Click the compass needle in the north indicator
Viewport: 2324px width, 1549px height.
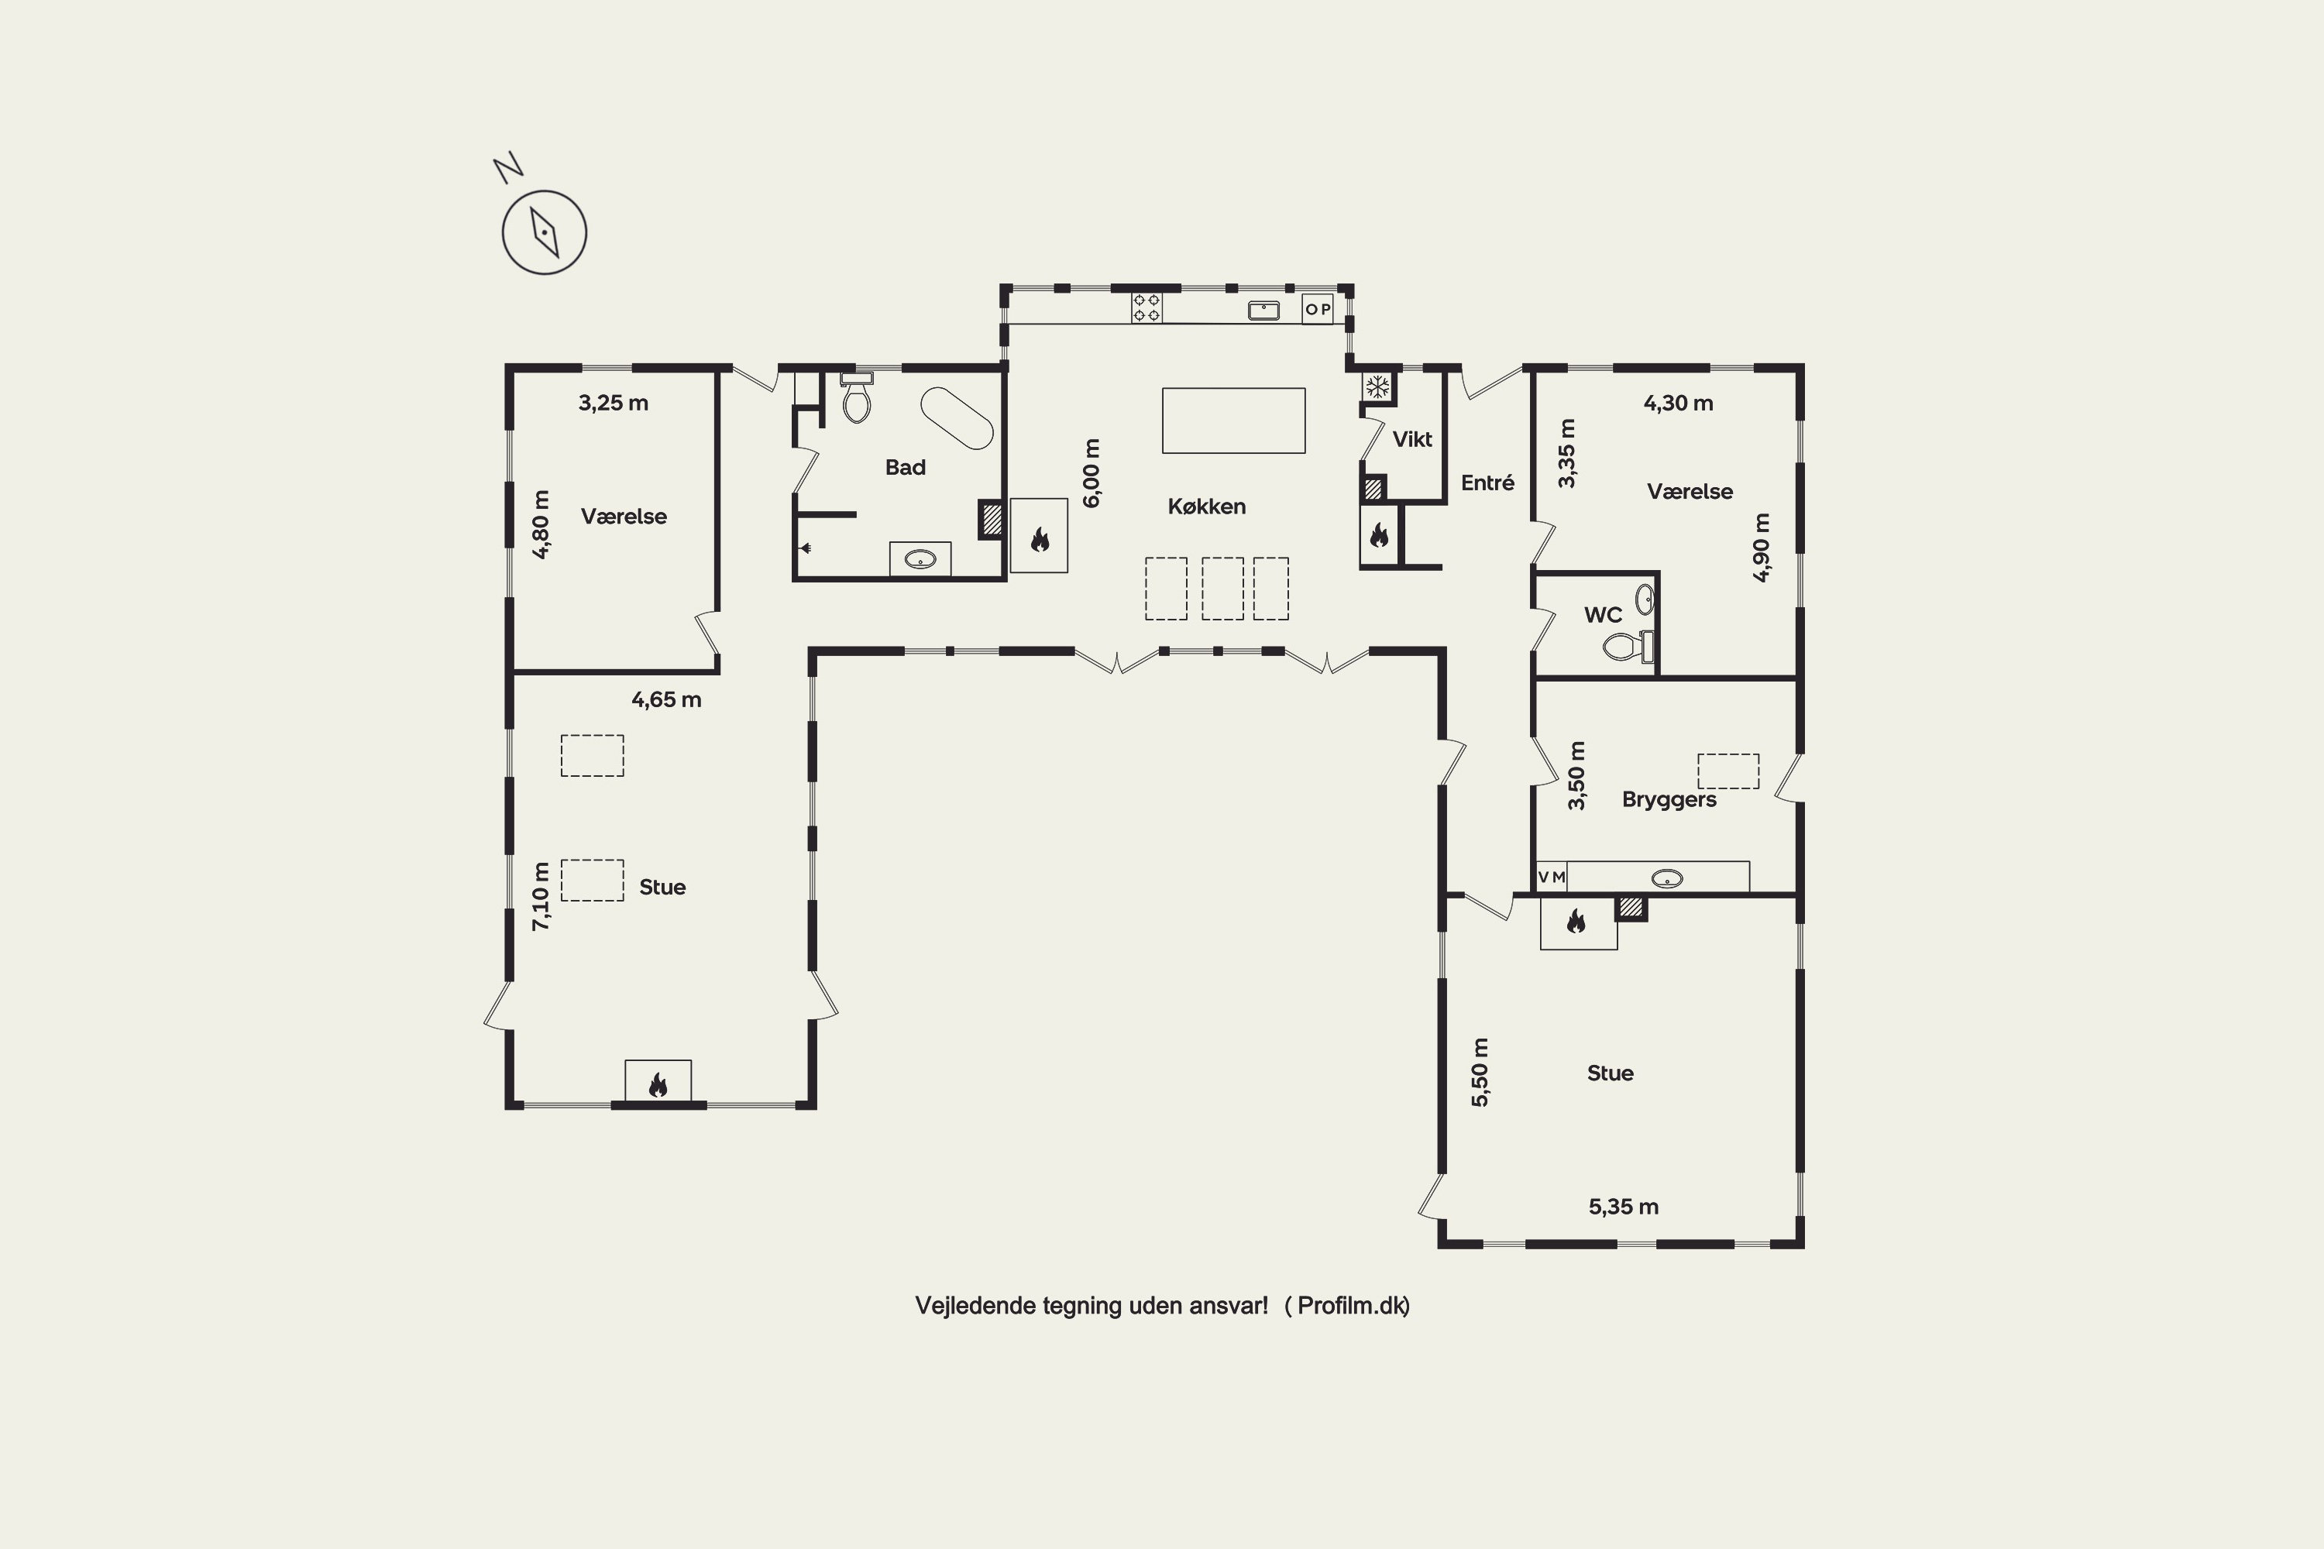[545, 232]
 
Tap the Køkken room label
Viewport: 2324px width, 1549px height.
[1206, 507]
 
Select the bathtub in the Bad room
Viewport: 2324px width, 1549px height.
[957, 418]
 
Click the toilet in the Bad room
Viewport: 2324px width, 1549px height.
[857, 398]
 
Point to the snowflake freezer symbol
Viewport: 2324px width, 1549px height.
[1377, 387]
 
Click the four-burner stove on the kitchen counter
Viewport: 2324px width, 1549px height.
[1147, 308]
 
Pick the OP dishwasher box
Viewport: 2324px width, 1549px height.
[1317, 309]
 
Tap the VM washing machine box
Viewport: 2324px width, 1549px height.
[1552, 878]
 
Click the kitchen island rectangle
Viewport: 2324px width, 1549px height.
[1233, 421]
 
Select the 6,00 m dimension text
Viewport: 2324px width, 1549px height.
[1091, 473]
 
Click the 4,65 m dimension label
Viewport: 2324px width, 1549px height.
[666, 700]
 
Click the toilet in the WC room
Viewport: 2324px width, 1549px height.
[1628, 646]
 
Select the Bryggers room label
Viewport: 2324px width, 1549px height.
[1669, 800]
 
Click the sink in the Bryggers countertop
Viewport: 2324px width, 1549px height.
[1667, 878]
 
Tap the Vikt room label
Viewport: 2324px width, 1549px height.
[1412, 440]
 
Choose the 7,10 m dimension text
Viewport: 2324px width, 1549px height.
[541, 897]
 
